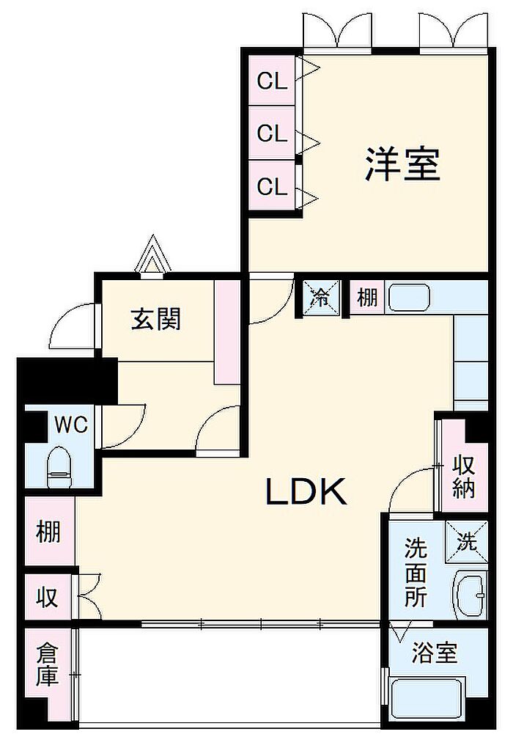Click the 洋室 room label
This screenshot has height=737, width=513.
(x=402, y=164)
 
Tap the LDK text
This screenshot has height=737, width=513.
(x=306, y=491)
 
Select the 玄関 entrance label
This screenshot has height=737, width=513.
(x=155, y=319)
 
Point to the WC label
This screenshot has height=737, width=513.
(x=71, y=425)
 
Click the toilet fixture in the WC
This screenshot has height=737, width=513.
(x=59, y=466)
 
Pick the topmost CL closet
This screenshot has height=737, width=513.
(x=272, y=81)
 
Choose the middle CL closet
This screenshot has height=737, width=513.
(x=272, y=133)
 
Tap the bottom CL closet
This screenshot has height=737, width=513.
(x=272, y=186)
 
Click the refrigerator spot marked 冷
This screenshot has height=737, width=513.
(x=321, y=297)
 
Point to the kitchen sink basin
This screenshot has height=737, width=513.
(x=410, y=297)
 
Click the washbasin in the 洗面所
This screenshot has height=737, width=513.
(x=470, y=594)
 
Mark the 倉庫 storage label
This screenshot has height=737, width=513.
(x=48, y=666)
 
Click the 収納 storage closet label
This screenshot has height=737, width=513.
(x=464, y=477)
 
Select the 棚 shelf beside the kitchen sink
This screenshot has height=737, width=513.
(x=367, y=297)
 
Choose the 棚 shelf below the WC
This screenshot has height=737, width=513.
(x=49, y=531)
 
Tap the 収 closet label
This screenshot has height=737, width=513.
(x=48, y=597)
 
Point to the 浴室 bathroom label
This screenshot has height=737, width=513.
(x=435, y=653)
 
